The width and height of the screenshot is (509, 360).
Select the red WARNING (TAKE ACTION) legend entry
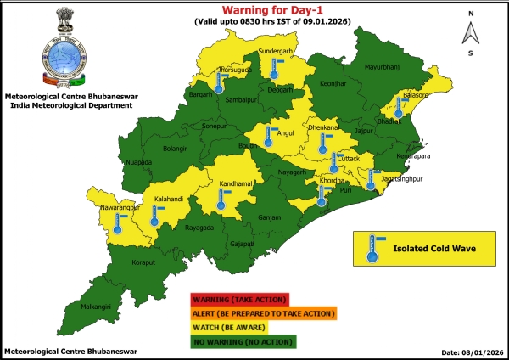(x=241, y=300)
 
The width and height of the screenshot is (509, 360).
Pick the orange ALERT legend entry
(x=263, y=313)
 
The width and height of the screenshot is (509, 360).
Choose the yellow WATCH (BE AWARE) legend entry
(x=229, y=327)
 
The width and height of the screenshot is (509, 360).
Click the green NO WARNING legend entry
(x=243, y=340)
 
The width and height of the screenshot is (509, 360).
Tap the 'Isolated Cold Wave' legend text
(x=432, y=250)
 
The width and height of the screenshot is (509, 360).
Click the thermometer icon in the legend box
(x=371, y=249)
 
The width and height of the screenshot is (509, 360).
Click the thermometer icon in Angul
(x=268, y=137)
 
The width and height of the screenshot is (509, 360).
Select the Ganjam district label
(x=269, y=217)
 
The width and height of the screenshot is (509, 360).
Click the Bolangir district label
(x=173, y=148)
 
